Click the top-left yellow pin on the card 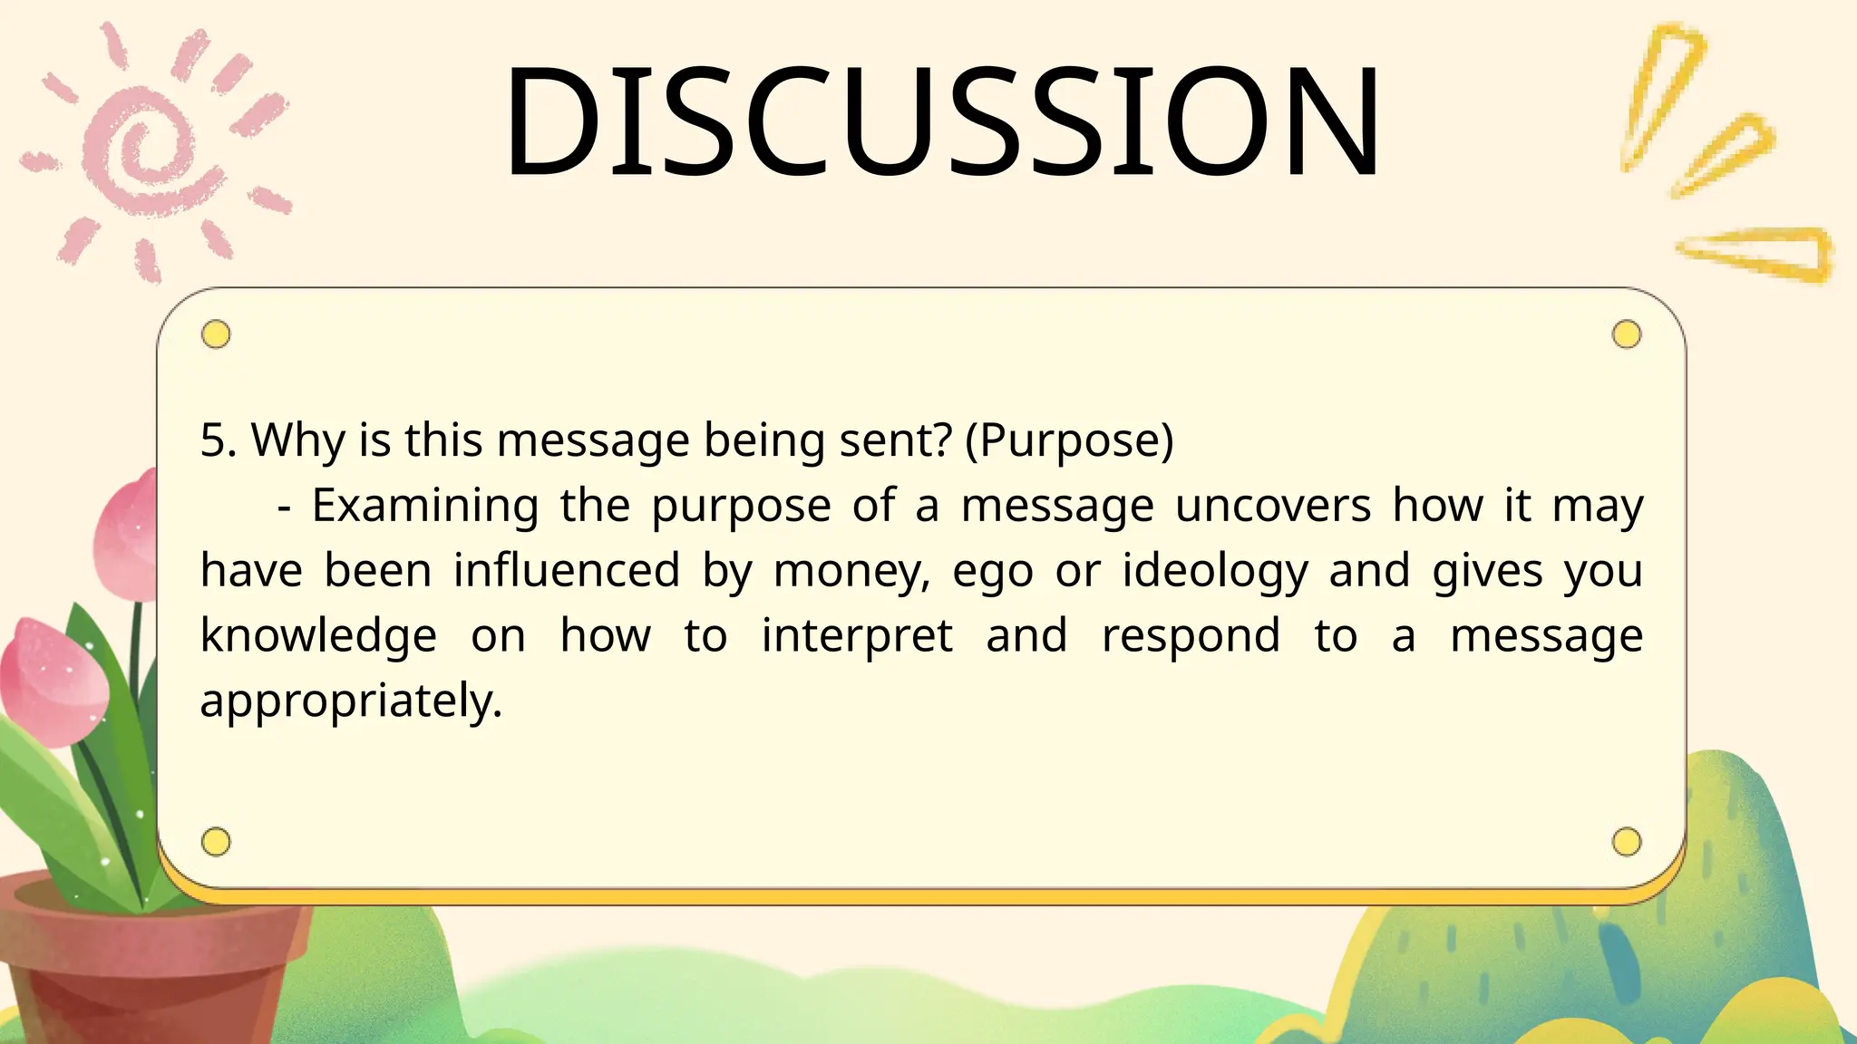pyautogui.click(x=216, y=334)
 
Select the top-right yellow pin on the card pyautogui.click(x=1627, y=334)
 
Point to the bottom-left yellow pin pyautogui.click(x=216, y=842)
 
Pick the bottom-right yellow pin pyautogui.click(x=1627, y=842)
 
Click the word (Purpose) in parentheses pyautogui.click(x=1069, y=440)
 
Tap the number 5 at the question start pyautogui.click(x=212, y=440)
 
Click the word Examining pyautogui.click(x=425, y=506)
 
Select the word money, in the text pyautogui.click(x=851, y=572)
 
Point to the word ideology pyautogui.click(x=1215, y=572)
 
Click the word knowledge pyautogui.click(x=318, y=636)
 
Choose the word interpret pyautogui.click(x=857, y=636)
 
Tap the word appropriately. pyautogui.click(x=350, y=701)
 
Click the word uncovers pyautogui.click(x=1272, y=506)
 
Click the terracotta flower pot pyautogui.click(x=136, y=961)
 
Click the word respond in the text pyautogui.click(x=1191, y=636)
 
